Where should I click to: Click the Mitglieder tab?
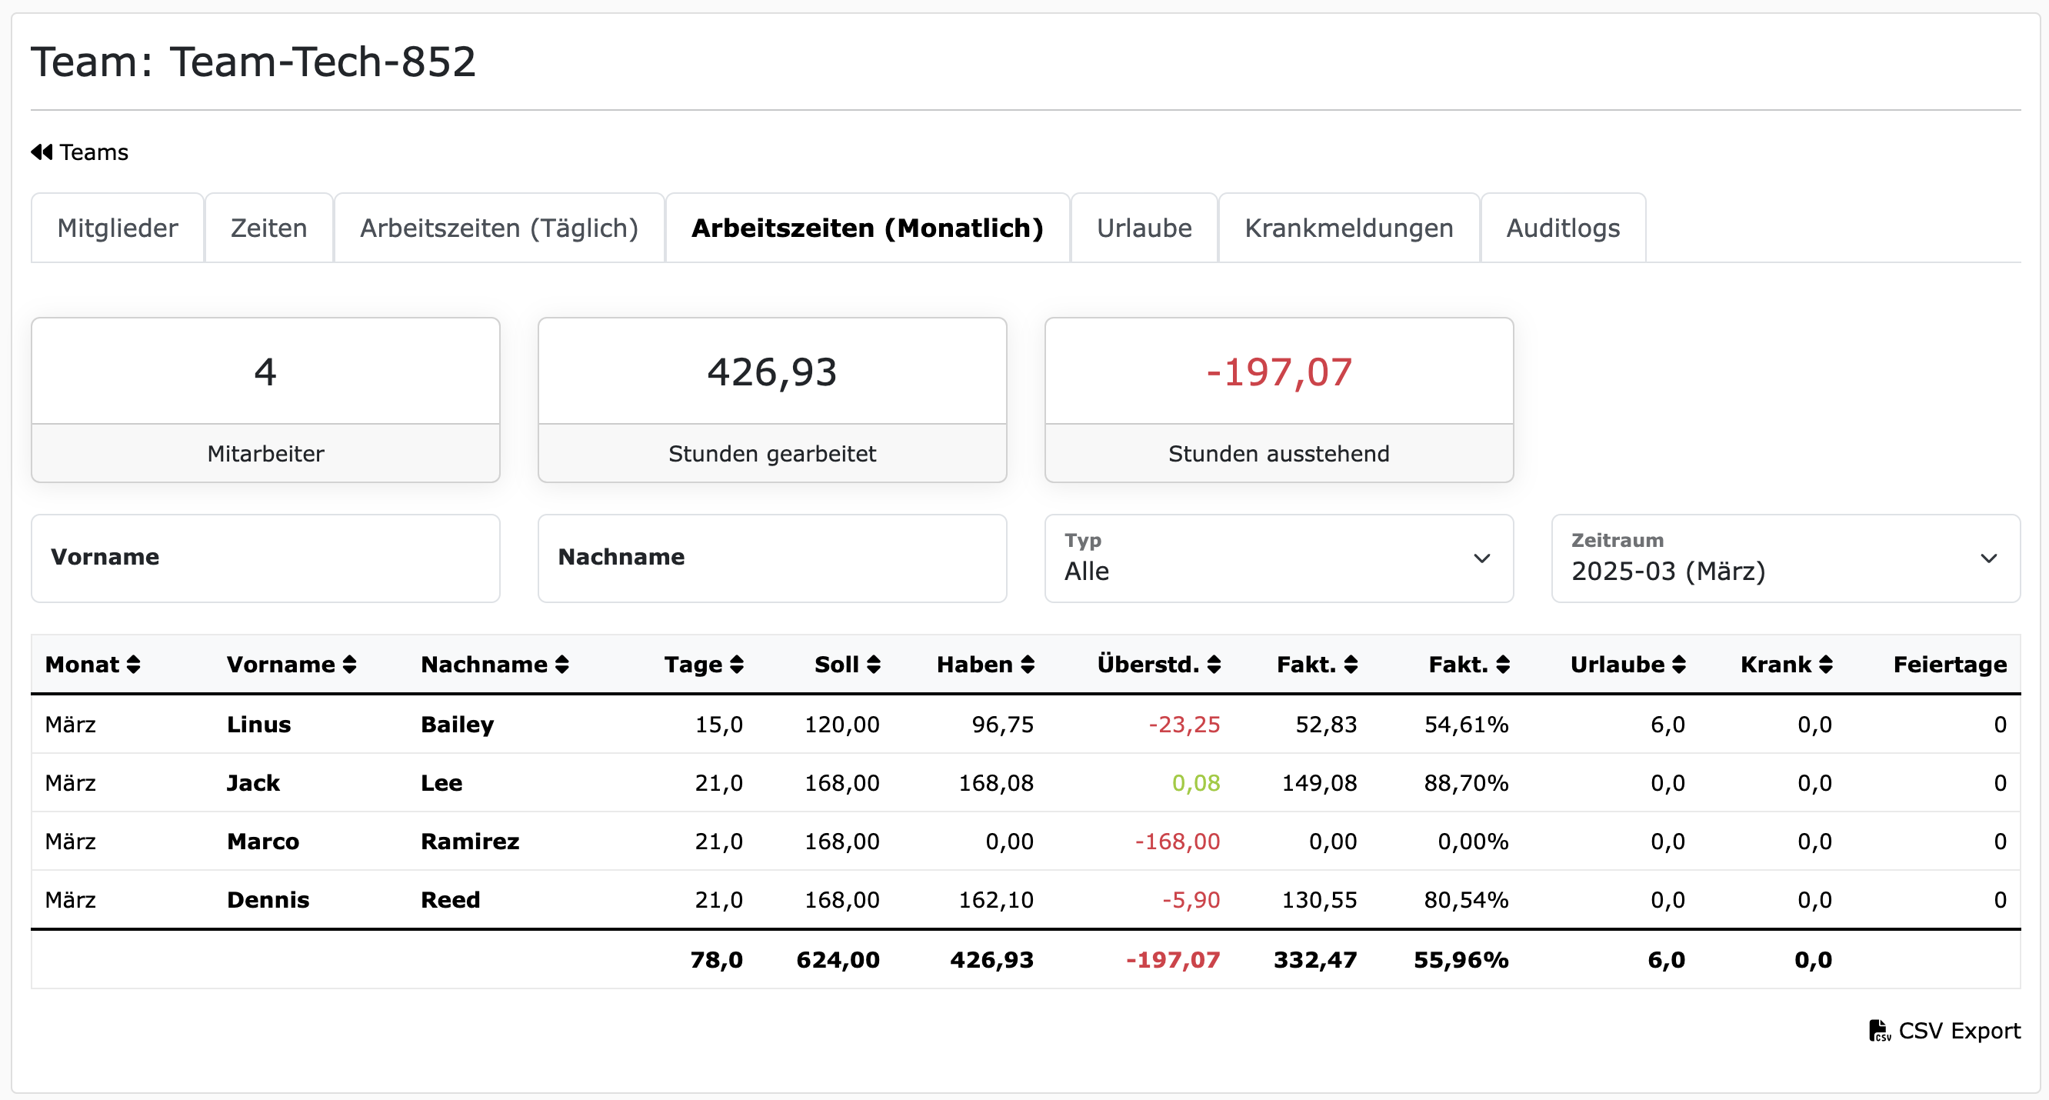(117, 228)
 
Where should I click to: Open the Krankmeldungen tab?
(1348, 228)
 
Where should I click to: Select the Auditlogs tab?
(1562, 228)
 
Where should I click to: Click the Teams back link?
(79, 152)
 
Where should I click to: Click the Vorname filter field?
(265, 558)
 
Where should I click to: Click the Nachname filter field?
(771, 558)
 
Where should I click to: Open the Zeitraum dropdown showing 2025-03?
(1785, 558)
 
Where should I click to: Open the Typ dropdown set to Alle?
(1278, 558)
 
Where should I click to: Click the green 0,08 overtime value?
(1195, 782)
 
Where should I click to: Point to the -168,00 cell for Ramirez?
(1177, 842)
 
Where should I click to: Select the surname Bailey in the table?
(457, 725)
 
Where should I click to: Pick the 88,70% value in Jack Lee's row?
(1465, 782)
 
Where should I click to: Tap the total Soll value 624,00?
(838, 960)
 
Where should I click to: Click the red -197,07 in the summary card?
(1278, 372)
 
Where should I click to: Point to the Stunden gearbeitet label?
(771, 453)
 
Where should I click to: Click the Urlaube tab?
(1144, 228)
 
